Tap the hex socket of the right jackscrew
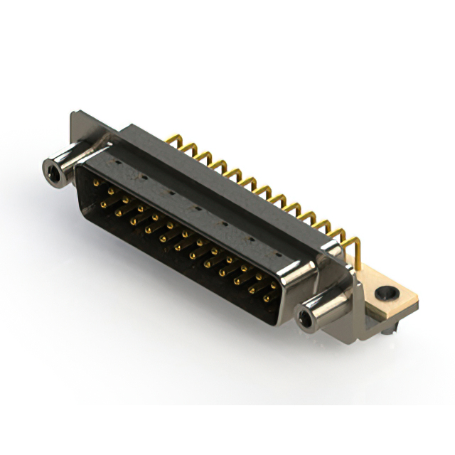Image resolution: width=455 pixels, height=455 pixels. coord(309,320)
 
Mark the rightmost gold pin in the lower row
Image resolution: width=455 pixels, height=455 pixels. coord(267,299)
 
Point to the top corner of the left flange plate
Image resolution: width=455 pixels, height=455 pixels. coord(73,114)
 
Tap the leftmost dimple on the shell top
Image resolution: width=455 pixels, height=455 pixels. coord(117,163)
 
